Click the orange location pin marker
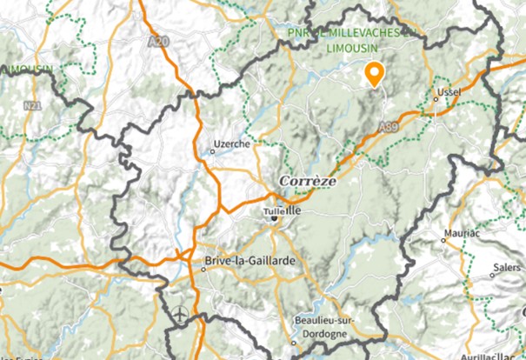tap(375, 75)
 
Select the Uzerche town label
tap(230, 143)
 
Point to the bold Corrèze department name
tap(305, 180)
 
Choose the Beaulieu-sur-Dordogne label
tap(321, 325)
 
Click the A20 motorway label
tap(157, 41)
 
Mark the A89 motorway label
tap(389, 128)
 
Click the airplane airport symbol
tap(180, 311)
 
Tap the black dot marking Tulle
tap(273, 217)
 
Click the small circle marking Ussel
tap(436, 101)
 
